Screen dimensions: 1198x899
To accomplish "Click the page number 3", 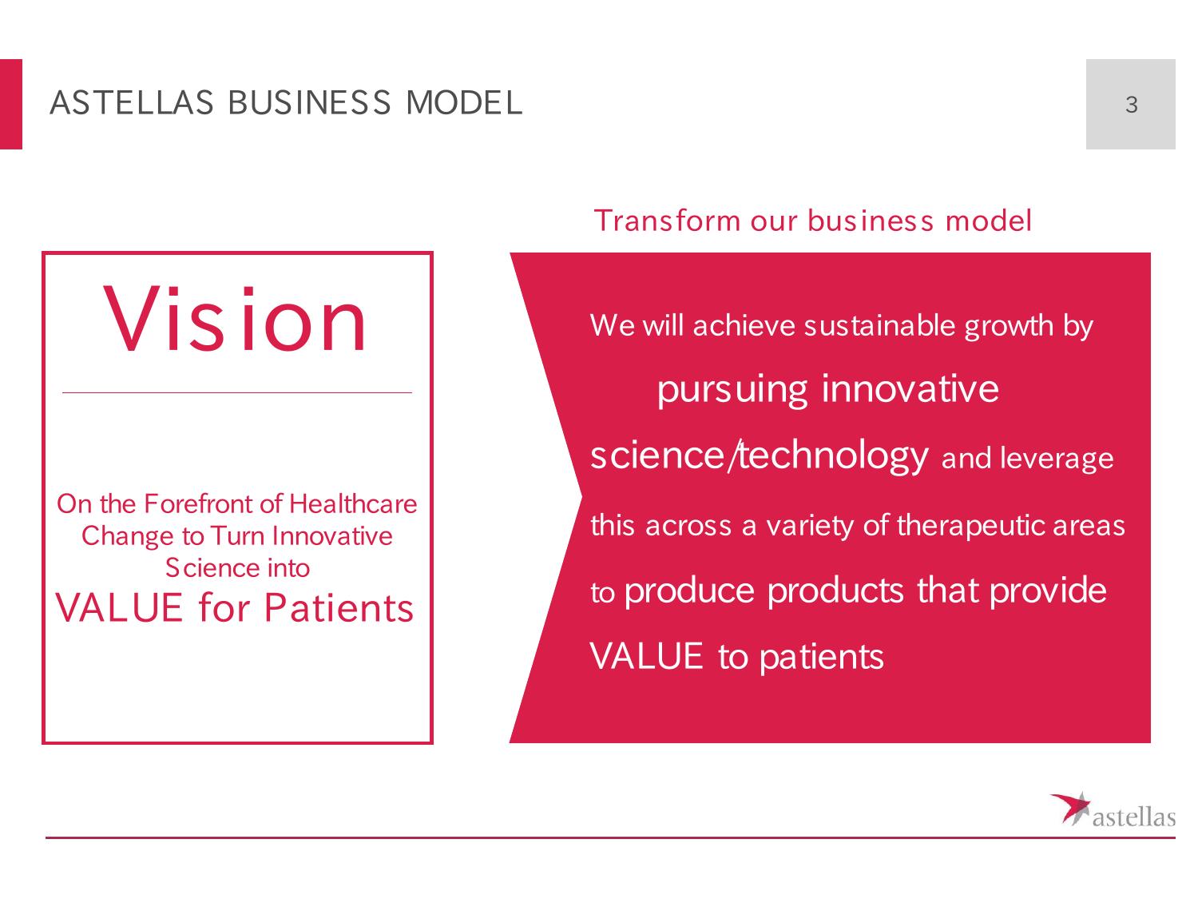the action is tap(1131, 104).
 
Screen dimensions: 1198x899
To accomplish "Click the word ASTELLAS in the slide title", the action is tap(132, 102).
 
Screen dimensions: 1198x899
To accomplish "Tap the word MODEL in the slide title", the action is tap(464, 102).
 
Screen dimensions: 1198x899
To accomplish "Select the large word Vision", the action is tap(235, 319).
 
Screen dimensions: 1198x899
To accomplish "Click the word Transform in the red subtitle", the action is tap(667, 221).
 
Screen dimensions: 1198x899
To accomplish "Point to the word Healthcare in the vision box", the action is tap(352, 503).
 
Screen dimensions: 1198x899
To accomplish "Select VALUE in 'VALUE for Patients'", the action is tap(119, 608).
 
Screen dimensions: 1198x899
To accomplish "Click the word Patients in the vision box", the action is tap(339, 608).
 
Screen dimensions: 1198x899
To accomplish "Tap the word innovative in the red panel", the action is tap(910, 388).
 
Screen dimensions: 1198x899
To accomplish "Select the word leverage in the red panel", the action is tap(1057, 459).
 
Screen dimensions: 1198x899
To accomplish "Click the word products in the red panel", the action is tap(835, 591).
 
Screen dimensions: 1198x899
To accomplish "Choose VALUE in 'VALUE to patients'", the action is tap(646, 655).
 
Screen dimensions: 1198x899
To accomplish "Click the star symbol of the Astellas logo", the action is tap(1070, 809).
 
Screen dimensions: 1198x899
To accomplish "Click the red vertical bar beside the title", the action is tap(11, 104).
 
